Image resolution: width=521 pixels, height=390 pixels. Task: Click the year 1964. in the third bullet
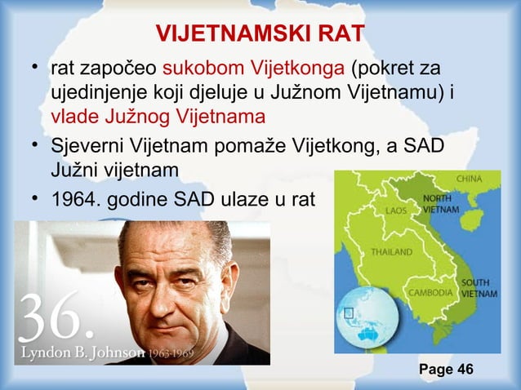pos(74,198)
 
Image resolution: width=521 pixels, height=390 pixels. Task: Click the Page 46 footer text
pos(446,370)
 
